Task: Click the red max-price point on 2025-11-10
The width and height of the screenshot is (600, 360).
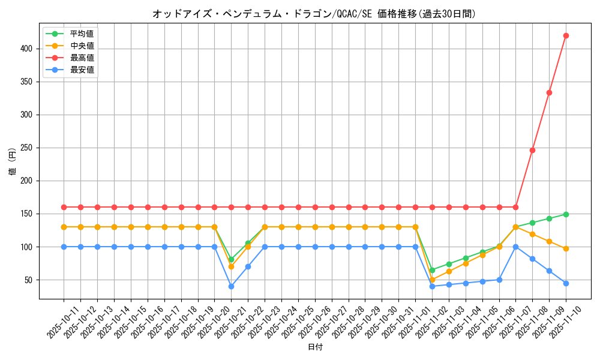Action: click(x=566, y=35)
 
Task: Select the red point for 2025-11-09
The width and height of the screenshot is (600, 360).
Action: click(x=549, y=92)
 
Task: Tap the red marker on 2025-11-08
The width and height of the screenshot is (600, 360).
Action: click(x=532, y=150)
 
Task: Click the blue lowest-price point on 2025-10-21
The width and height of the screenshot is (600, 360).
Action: click(x=231, y=286)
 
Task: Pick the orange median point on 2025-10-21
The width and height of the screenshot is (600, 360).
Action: click(x=231, y=266)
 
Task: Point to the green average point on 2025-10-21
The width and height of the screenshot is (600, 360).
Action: click(x=231, y=260)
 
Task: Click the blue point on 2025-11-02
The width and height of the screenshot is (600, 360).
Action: click(x=432, y=286)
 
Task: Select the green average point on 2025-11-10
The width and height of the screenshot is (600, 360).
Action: click(x=566, y=214)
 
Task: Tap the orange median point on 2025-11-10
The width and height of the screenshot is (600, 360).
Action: click(x=566, y=248)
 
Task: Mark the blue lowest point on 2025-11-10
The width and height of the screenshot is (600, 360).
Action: click(x=566, y=283)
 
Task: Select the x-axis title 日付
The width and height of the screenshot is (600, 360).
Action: click(x=315, y=347)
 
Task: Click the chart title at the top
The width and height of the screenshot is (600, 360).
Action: click(x=314, y=14)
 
